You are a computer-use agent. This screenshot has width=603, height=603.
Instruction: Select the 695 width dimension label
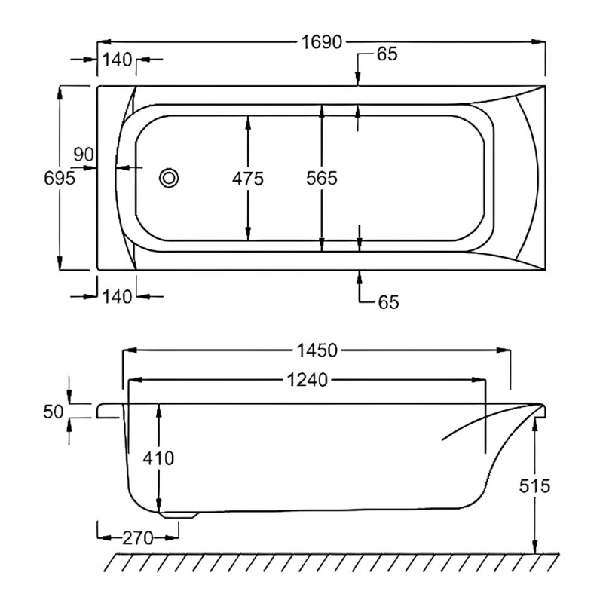60,179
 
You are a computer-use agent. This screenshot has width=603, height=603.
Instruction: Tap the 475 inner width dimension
247,179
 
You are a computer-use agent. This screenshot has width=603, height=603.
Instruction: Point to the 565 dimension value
322,179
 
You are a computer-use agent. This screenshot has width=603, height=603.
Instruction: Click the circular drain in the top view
169,178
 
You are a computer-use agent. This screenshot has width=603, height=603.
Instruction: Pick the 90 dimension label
83,155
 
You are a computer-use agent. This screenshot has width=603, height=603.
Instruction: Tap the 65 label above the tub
387,54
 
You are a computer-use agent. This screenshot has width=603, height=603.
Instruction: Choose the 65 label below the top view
387,302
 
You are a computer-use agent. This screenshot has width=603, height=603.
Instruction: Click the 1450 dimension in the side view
316,350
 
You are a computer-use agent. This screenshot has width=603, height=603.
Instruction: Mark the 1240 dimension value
308,381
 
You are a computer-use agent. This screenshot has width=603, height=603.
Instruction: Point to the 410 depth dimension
159,458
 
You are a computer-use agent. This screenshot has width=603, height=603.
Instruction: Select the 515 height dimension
535,486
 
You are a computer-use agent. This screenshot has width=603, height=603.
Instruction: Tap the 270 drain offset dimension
137,538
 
